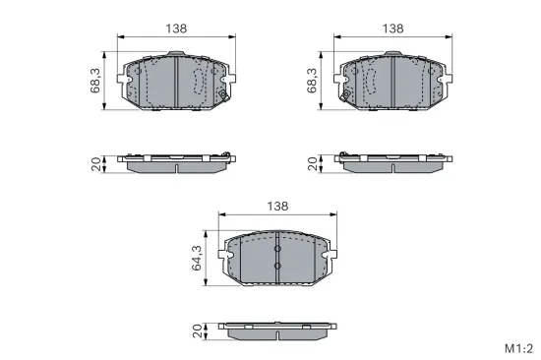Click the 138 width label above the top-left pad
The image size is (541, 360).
pos(176,29)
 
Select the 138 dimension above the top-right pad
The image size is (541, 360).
pos(393,29)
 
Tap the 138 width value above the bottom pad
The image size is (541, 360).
pos(277,206)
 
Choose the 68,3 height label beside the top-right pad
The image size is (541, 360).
pos(314,81)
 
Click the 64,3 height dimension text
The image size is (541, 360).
pos(197,259)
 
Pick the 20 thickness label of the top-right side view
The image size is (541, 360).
pos(314,163)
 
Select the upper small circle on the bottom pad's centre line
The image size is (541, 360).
pos(277,247)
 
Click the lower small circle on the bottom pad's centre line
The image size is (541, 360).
pos(277,267)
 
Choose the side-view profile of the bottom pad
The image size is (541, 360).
pos(277,330)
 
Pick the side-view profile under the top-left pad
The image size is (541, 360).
pos(176,162)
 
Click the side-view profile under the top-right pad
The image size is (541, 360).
pos(393,162)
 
